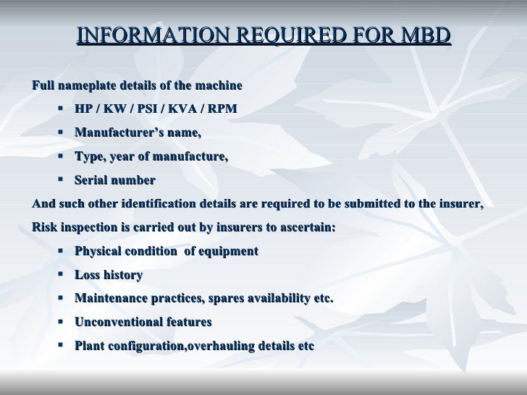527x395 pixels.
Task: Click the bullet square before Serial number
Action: [x=59, y=180]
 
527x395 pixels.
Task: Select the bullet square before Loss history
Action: [x=59, y=275]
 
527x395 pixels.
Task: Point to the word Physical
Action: [x=98, y=252]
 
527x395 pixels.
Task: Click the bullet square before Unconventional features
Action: [x=59, y=322]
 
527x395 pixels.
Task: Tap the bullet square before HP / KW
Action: [x=59, y=109]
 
